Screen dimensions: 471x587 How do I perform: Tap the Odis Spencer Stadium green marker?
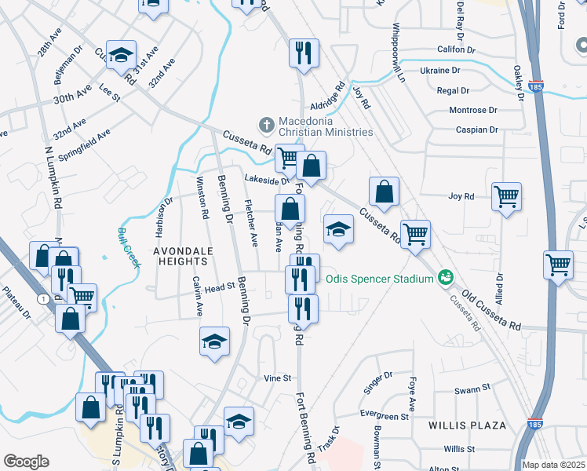446,277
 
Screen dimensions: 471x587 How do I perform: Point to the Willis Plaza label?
467,425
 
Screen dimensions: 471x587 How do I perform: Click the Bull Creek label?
129,247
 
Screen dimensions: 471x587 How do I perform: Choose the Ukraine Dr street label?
445,70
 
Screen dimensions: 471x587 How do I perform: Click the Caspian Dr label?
476,130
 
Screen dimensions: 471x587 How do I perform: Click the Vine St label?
277,378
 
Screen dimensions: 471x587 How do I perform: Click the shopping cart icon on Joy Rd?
507,196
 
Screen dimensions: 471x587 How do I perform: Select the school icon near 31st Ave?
122,54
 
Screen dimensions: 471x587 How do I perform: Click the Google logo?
26,462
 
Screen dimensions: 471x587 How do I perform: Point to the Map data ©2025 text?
553,465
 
